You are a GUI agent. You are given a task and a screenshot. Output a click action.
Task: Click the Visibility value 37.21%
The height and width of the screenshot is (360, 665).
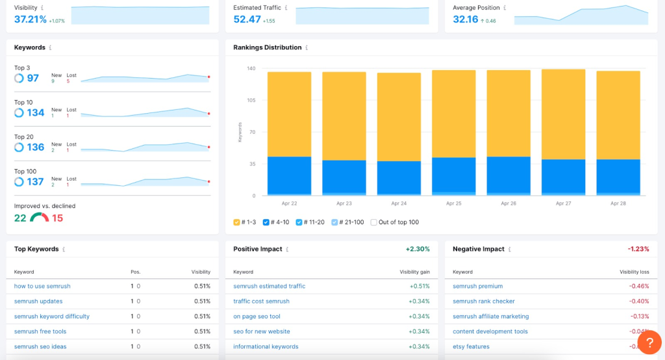(x=31, y=19)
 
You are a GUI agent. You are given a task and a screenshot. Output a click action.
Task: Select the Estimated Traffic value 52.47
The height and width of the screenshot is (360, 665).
(x=247, y=19)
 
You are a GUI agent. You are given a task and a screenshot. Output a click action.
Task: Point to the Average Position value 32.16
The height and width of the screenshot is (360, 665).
(x=465, y=19)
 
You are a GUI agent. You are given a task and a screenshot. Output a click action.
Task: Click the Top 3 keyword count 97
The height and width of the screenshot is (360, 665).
(x=32, y=79)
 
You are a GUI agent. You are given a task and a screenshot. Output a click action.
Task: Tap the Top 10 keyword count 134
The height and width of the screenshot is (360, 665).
(x=35, y=113)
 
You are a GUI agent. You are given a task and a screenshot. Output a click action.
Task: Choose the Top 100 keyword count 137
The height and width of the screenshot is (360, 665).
(x=35, y=182)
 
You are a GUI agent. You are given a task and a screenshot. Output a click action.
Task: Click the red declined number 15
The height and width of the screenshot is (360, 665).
(x=57, y=218)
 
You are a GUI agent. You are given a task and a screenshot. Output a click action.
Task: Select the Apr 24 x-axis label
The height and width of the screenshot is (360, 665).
(x=399, y=203)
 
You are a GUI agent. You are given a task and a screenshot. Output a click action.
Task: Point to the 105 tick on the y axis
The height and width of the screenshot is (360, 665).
(x=251, y=100)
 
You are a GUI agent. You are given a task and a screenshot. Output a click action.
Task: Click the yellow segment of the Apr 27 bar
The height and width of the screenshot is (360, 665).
(x=563, y=114)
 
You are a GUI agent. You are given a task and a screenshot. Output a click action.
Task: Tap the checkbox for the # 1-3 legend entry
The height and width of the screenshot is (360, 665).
(x=237, y=222)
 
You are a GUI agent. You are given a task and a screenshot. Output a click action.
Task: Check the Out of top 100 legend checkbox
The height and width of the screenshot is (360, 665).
(x=373, y=222)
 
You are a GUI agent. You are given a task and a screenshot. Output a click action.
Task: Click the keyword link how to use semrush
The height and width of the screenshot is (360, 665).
(x=42, y=286)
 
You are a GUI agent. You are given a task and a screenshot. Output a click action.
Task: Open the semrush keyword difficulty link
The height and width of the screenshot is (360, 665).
(x=52, y=316)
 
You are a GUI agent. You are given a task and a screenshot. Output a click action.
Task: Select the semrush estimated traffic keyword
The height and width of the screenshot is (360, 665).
(x=269, y=286)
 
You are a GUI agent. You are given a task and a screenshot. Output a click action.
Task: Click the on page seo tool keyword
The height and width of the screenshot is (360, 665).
(x=257, y=316)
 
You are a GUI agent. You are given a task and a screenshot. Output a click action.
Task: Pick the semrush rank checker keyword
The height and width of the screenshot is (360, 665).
(x=483, y=302)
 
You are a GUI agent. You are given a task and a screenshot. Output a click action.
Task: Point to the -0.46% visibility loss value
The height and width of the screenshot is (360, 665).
(x=640, y=286)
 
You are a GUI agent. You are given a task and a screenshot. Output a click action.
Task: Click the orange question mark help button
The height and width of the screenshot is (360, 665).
(x=649, y=342)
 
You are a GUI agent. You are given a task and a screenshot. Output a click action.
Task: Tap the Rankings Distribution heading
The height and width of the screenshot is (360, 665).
(x=267, y=47)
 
